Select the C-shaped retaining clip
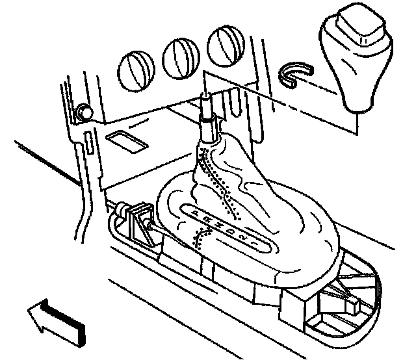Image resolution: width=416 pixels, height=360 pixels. pyautogui.click(x=294, y=73)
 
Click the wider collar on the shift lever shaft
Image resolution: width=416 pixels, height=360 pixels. pyautogui.click(x=207, y=127)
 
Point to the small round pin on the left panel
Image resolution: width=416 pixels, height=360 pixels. pyautogui.click(x=83, y=111)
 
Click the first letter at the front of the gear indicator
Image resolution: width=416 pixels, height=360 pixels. pyautogui.click(x=196, y=213)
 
